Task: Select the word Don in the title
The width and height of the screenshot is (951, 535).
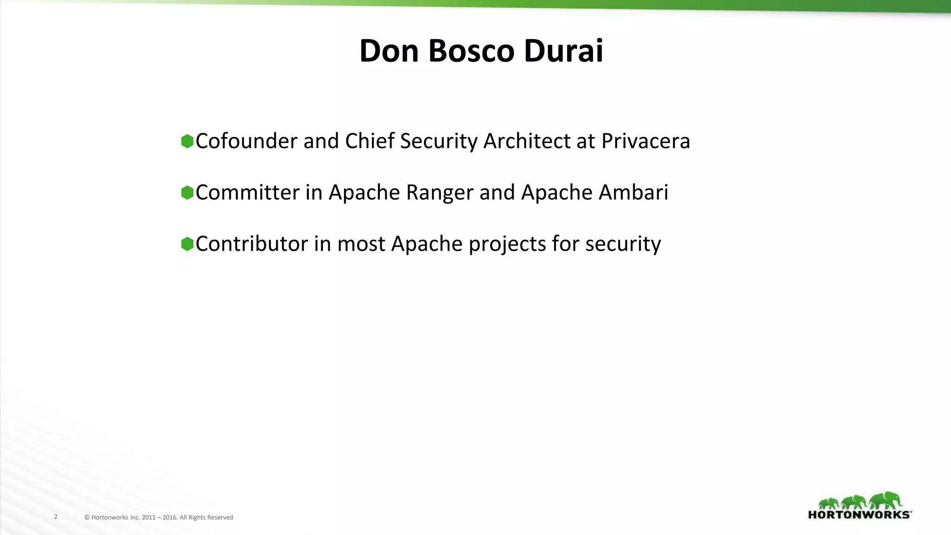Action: tap(389, 51)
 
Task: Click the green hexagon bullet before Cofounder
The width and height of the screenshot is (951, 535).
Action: tap(187, 141)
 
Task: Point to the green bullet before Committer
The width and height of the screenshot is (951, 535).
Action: tap(187, 193)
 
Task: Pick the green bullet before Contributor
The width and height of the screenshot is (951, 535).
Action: tap(187, 244)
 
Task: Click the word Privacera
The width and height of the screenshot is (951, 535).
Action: tap(645, 141)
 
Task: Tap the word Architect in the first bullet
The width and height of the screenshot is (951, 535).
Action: tap(527, 141)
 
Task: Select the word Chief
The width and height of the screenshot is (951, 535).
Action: tap(369, 141)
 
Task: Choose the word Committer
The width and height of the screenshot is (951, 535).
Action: tap(248, 193)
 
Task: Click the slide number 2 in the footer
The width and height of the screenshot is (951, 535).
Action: tap(56, 516)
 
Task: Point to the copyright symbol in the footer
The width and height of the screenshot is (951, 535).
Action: tap(87, 517)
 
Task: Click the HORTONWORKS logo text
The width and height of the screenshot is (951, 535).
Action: tap(860, 515)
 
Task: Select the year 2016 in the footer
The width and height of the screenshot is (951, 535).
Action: tap(170, 517)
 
